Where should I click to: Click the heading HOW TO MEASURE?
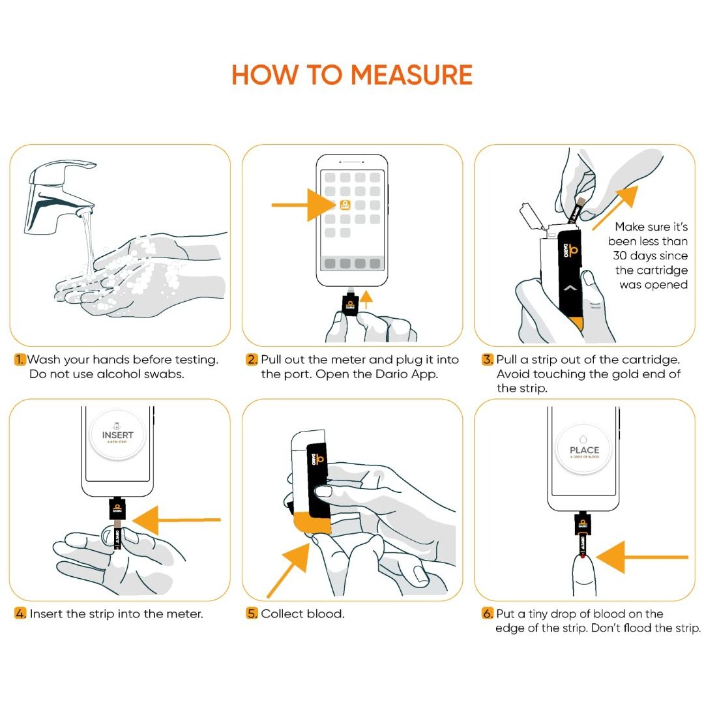point(352,75)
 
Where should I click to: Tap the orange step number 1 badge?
point(21,360)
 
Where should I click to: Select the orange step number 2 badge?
point(252,360)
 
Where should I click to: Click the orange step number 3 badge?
point(488,360)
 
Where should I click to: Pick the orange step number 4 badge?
point(21,614)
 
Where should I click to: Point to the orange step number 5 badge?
point(252,614)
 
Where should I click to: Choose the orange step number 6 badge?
point(488,614)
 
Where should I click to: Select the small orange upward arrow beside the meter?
point(366,299)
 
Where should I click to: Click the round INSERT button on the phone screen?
point(117,435)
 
